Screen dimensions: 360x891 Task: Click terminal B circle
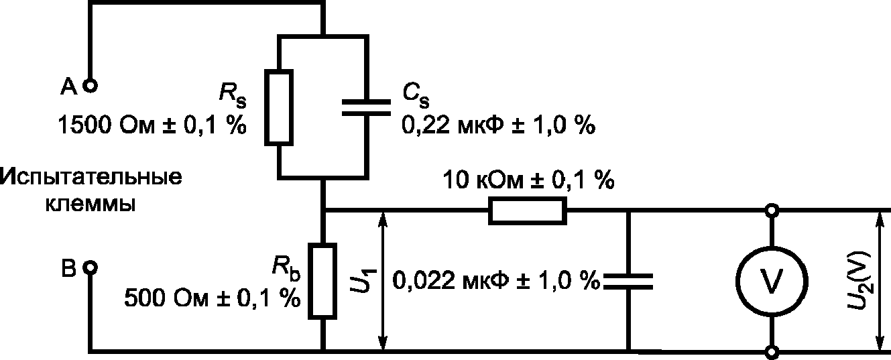click(89, 268)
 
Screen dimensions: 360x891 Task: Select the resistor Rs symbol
click(279, 106)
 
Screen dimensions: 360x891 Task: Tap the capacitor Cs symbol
click(365, 107)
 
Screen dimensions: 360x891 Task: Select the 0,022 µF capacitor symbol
click(628, 281)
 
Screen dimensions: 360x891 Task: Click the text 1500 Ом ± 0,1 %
click(152, 125)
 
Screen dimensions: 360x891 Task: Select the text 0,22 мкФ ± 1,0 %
click(497, 125)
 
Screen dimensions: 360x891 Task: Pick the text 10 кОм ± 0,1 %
click(529, 180)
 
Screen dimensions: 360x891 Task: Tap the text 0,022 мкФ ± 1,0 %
click(496, 280)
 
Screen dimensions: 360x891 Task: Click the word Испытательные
click(93, 179)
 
